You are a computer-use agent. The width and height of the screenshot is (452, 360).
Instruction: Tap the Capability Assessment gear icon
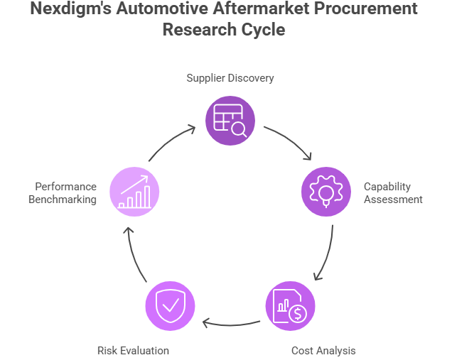326,191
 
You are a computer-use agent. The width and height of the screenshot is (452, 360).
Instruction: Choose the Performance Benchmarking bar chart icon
134,191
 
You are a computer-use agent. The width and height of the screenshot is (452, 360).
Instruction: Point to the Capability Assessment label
393,192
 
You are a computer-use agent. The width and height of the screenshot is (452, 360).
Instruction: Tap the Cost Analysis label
323,350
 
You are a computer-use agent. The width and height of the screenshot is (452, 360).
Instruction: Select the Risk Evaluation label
133,350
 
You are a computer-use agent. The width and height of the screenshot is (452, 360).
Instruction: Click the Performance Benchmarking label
63,192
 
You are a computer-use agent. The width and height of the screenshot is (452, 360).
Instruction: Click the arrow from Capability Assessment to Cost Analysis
325,253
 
